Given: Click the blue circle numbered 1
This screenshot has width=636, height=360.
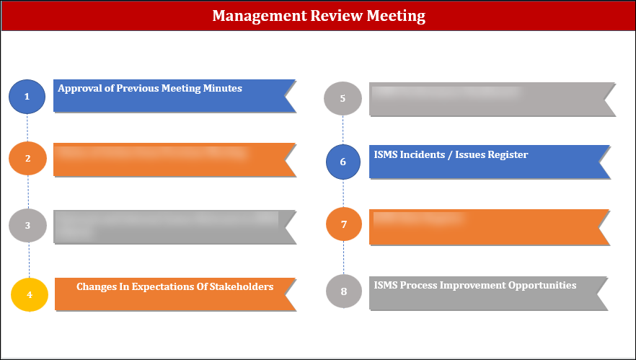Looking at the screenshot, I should pos(27,96).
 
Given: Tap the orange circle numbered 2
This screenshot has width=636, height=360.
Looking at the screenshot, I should pos(27,159).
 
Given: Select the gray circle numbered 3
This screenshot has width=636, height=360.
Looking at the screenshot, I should pos(27,225).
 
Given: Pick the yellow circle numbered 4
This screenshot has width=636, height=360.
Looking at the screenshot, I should pos(30,294).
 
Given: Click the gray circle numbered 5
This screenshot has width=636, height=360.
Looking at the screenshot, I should pos(343,99).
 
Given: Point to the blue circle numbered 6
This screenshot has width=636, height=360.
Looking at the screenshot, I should pos(343,162).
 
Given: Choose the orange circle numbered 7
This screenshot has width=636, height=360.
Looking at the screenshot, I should pos(344,224).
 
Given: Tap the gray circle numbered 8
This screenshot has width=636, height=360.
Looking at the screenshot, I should pos(344,291).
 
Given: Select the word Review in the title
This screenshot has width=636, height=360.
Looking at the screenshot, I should pos(338,15).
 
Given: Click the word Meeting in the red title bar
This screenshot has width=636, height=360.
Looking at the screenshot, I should pos(397,15).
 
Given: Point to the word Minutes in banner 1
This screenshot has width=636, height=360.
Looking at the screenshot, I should pos(223,89).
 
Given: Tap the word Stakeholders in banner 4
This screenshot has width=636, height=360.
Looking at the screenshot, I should pos(239,286).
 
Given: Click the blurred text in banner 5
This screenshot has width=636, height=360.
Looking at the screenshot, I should pos(446,92).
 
